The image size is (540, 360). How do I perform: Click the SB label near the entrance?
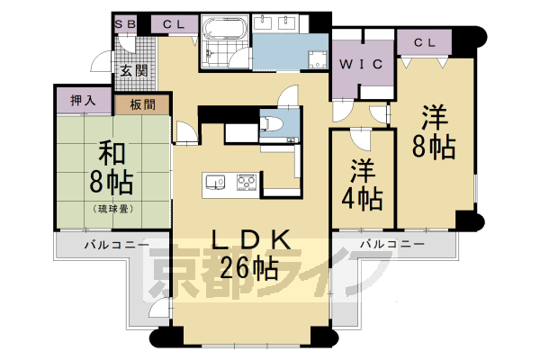pos(125,24)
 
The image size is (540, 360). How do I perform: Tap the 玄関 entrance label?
pos(134,70)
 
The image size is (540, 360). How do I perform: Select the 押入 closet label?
pos(83,100)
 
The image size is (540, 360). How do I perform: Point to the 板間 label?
pos(143,104)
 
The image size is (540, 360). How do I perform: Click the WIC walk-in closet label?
pos(361,64)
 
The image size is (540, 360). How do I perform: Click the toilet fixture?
pos(271,123)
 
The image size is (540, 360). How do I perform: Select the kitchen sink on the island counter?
pos(215,182)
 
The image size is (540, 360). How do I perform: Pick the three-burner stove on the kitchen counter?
pos(247,182)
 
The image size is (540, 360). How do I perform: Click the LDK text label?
pos(251,239)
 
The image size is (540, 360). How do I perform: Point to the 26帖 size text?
pos(248,268)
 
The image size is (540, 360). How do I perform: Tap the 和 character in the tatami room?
pos(112,154)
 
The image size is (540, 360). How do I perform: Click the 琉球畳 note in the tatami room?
pos(113,209)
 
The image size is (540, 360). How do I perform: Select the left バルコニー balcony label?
pos(117,245)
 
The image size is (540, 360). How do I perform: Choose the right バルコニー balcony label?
pos(392,244)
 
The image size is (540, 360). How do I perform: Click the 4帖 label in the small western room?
pos(362,199)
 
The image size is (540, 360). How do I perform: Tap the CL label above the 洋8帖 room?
pos(425,42)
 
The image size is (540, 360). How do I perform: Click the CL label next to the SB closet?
pos(174,24)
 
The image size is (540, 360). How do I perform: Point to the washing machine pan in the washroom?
pos(318,60)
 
